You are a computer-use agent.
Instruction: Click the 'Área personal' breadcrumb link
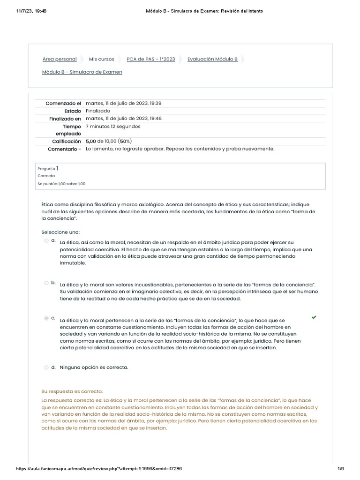pyautogui.click(x=60, y=59)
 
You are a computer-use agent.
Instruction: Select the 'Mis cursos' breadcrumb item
pyautogui.click(x=102, y=59)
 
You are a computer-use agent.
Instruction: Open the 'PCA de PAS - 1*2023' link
pyautogui.click(x=151, y=59)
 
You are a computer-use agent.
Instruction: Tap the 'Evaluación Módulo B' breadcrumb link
pyautogui.click(x=212, y=59)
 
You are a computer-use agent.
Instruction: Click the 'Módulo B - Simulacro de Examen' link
pyautogui.click(x=82, y=72)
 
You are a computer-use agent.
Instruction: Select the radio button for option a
pyautogui.click(x=46, y=240)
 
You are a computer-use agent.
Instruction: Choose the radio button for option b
pyautogui.click(x=46, y=283)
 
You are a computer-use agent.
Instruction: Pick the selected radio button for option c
pyautogui.click(x=46, y=318)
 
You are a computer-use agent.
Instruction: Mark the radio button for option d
pyautogui.click(x=46, y=367)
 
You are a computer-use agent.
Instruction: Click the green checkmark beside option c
pyautogui.click(x=314, y=317)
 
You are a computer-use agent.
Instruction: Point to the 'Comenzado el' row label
pyautogui.click(x=63, y=103)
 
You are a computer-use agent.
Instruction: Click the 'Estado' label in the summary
pyautogui.click(x=73, y=111)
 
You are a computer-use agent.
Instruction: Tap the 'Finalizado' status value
pyautogui.click(x=98, y=111)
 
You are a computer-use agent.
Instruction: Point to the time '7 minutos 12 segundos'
pyautogui.click(x=113, y=127)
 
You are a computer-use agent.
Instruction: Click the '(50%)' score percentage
pyautogui.click(x=125, y=141)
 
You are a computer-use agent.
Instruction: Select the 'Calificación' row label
pyautogui.click(x=67, y=141)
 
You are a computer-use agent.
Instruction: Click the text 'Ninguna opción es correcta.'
pyautogui.click(x=94, y=367)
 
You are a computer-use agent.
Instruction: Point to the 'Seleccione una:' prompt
pyautogui.click(x=60, y=232)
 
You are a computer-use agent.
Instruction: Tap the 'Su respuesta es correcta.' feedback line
pyautogui.click(x=72, y=391)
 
